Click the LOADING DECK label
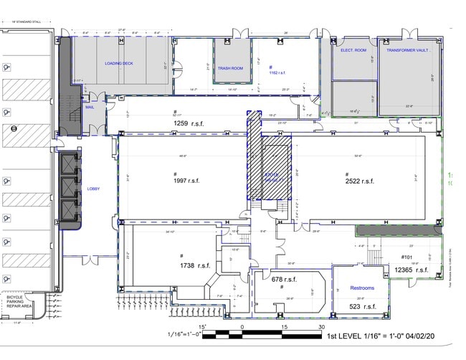click(120, 63)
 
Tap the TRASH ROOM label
click(230, 68)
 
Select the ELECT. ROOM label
click(353, 50)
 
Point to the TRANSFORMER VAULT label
click(409, 50)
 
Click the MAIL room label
click(90, 107)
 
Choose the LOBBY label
click(93, 189)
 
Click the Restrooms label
click(361, 288)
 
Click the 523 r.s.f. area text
click(362, 307)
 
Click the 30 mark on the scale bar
click(321, 326)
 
